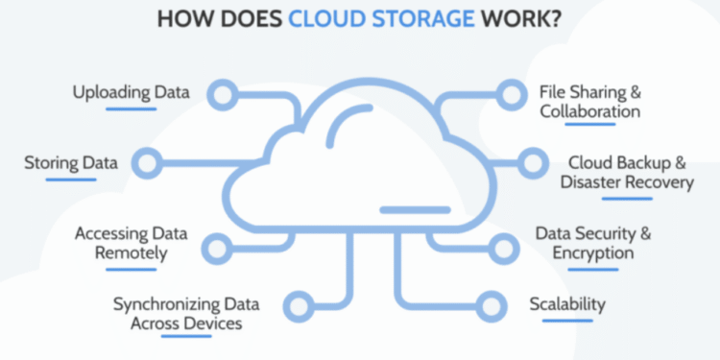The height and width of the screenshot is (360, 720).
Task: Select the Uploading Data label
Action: tap(132, 93)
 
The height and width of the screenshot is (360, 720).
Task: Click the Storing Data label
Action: tap(71, 162)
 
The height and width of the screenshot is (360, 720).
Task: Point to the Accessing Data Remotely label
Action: tap(132, 244)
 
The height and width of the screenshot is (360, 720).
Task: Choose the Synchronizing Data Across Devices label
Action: tap(178, 314)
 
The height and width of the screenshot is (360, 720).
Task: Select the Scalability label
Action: tap(567, 304)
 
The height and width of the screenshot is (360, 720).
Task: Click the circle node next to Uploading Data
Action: tap(224, 93)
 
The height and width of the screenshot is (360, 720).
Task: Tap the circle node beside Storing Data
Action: tap(147, 162)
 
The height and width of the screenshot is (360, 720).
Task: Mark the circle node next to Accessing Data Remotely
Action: tap(219, 245)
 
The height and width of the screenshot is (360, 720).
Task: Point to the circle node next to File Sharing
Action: tap(507, 93)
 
